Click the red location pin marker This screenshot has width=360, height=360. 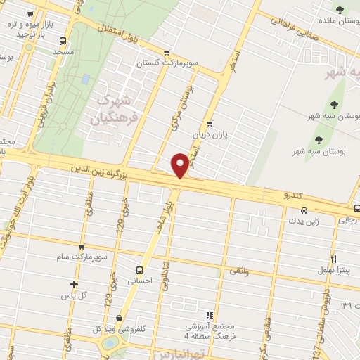coord(181,165)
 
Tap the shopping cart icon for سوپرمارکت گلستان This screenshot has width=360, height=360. coord(167,51)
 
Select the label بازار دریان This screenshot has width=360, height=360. coord(209,132)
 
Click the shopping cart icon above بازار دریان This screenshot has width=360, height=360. coord(210,122)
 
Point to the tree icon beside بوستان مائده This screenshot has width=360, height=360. coord(341,9)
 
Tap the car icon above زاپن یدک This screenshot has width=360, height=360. coord(303,210)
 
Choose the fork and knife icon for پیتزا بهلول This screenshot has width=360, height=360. coord(333,259)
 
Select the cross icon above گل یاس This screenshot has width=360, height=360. coord(74,284)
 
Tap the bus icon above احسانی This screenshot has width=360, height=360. coord(139,269)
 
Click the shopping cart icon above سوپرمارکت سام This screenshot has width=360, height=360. coord(82,247)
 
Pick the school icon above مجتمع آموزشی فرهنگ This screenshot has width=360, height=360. coord(209,315)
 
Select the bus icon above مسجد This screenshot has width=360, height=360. coord(63,41)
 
